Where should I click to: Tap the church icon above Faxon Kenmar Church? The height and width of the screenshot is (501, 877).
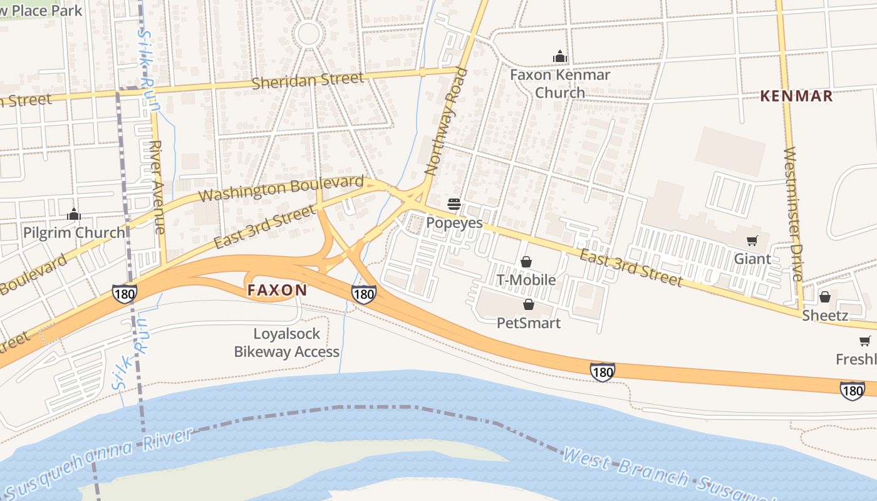pos(559,57)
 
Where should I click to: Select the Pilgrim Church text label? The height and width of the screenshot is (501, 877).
pos(74,233)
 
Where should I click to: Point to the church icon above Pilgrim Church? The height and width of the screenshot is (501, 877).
pos(74,215)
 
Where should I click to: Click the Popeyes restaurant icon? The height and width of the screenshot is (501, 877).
pos(454,204)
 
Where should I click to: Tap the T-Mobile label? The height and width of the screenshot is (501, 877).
pos(526,280)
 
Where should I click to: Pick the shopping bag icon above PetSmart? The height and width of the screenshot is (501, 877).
pos(528,305)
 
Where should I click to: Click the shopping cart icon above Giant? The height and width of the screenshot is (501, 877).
pos(752,241)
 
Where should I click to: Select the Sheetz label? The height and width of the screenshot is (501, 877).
pos(825,315)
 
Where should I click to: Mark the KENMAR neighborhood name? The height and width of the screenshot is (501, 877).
pos(796,96)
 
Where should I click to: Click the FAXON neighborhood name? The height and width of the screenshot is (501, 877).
pos(277,290)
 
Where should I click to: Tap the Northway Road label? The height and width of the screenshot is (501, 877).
pos(447,121)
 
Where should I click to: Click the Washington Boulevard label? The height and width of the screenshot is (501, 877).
pos(281,189)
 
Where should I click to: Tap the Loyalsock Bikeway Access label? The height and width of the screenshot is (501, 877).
pos(287,343)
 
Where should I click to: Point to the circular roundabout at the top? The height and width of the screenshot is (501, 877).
pos(308,33)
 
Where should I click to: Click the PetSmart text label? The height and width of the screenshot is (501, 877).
pos(528,323)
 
